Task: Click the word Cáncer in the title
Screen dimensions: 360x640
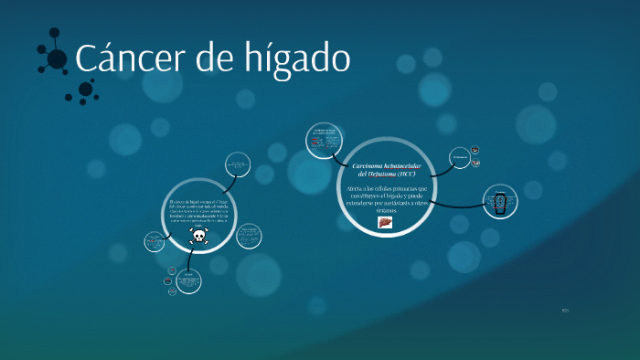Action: point(128,59)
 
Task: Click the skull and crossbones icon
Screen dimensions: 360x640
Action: point(198,237)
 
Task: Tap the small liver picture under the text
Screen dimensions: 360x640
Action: point(385,222)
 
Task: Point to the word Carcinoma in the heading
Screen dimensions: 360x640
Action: point(371,164)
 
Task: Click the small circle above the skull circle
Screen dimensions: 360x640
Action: point(238,164)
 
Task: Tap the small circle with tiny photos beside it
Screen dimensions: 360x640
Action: point(460,158)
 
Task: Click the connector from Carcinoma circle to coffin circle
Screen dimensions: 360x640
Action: point(457,204)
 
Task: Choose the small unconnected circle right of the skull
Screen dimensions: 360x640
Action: point(249,236)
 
